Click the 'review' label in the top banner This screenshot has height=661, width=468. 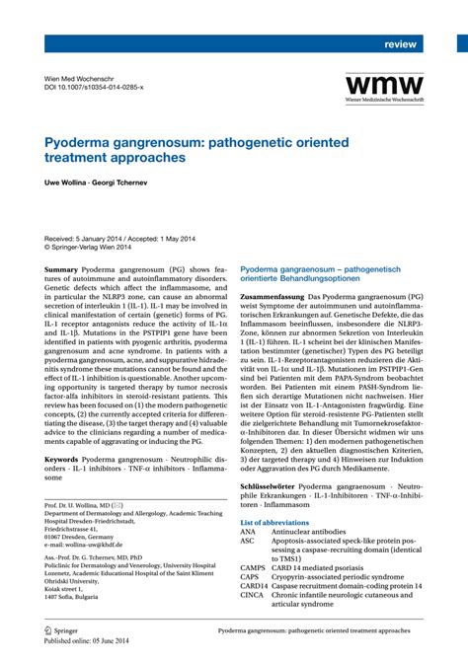pos(400,45)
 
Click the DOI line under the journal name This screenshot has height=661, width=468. pos(95,88)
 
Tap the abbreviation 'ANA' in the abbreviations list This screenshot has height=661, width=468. pos(248,532)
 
